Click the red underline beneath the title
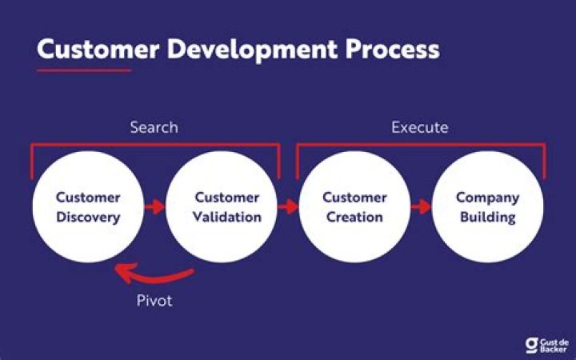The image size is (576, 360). (83, 70)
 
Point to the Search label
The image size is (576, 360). (154, 127)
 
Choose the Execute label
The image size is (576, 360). (419, 127)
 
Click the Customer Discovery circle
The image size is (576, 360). (88, 206)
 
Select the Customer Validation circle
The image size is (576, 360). (222, 206)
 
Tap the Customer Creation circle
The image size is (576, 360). (354, 206)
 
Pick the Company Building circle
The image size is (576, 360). (488, 206)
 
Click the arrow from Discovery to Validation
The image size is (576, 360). (154, 206)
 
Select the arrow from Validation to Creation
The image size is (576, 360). (288, 206)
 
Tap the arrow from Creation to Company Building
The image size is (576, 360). (422, 206)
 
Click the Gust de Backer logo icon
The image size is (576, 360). (531, 344)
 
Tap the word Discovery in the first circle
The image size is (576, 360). (88, 217)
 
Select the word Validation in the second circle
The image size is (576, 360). (228, 217)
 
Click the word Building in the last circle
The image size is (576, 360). (488, 217)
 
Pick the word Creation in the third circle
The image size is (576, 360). (354, 217)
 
